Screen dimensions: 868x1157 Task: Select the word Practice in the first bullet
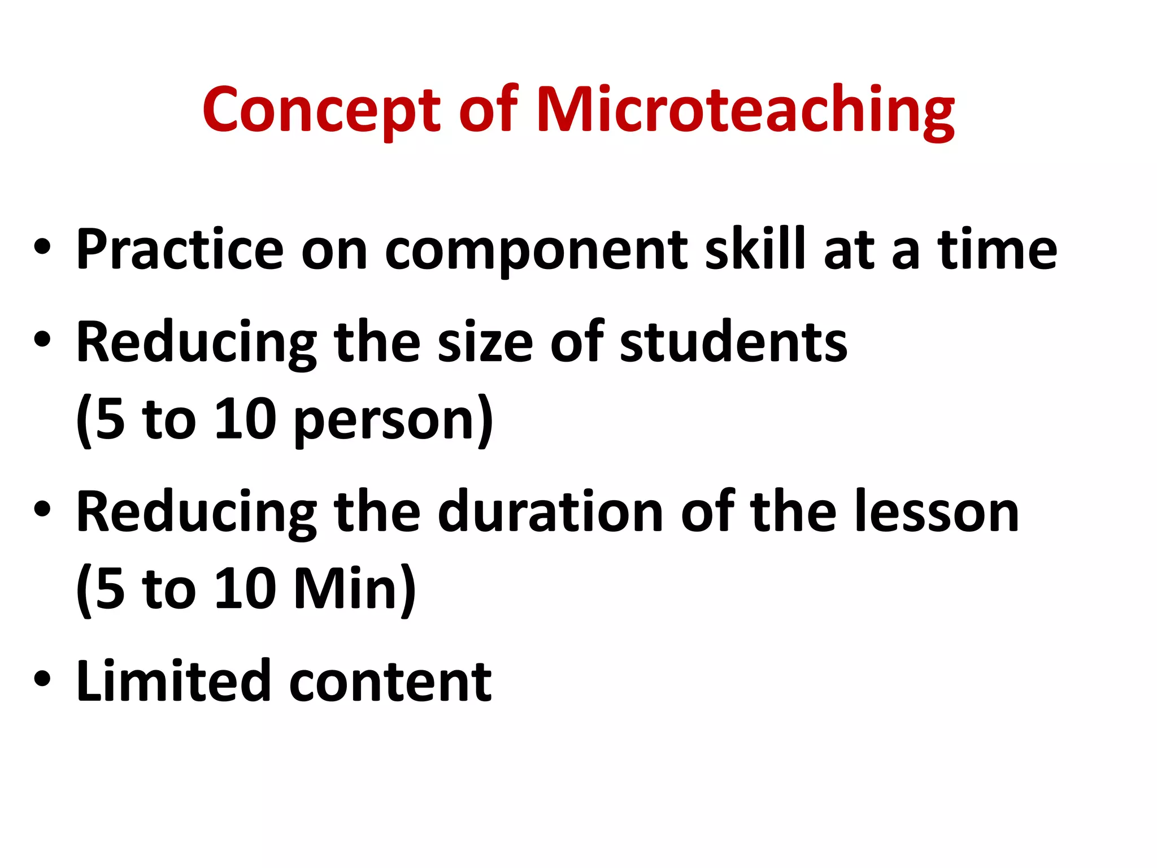click(180, 249)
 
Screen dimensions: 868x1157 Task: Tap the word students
click(733, 342)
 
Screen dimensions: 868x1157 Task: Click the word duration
click(551, 512)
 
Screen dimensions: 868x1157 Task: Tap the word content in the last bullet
click(390, 683)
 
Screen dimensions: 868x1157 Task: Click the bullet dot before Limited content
click(42, 679)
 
